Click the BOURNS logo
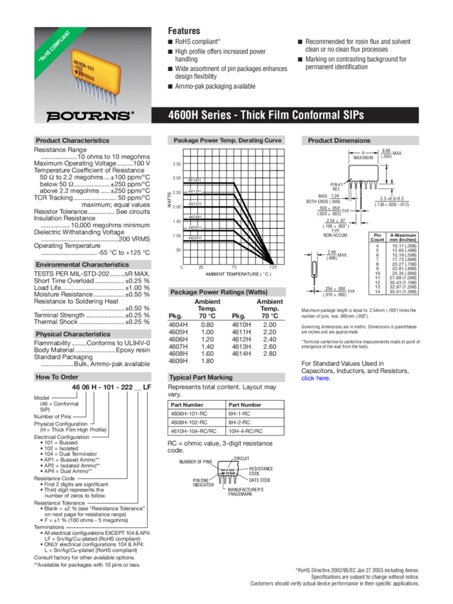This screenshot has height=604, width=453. click(x=89, y=114)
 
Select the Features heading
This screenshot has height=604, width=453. click(x=183, y=31)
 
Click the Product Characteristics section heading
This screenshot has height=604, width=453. click(x=72, y=141)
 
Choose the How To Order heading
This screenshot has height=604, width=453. click(x=57, y=377)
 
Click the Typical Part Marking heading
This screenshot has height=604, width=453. click(x=201, y=377)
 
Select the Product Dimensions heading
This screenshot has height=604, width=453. click(x=339, y=141)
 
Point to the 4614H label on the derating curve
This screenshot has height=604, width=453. click(x=194, y=180)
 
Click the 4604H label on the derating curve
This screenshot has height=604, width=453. click(x=194, y=237)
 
